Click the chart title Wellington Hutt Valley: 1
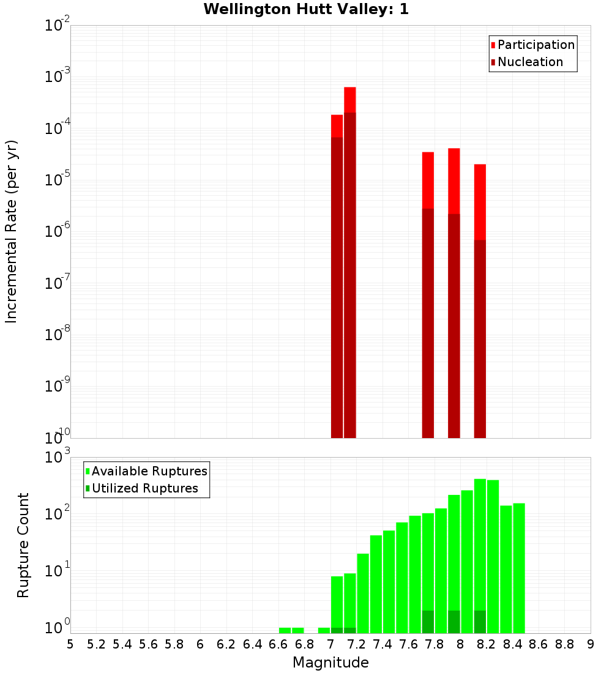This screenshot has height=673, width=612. [305, 9]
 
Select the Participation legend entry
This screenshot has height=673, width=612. [536, 45]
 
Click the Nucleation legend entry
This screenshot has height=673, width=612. [530, 62]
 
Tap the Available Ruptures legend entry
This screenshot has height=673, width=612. [149, 471]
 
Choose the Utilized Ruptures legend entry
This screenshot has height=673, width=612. [144, 488]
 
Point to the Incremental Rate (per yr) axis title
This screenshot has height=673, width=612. [12, 231]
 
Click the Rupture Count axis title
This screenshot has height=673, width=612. [23, 545]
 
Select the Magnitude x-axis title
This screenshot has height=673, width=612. [330, 663]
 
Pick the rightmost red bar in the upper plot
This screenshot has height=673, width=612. [480, 300]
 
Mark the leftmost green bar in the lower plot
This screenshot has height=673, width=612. [285, 630]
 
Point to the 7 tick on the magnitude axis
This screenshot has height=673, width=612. [330, 644]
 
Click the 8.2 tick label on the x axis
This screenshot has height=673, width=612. [487, 644]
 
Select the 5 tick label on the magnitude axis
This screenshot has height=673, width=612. [70, 644]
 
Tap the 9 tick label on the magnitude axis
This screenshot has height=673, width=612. [591, 644]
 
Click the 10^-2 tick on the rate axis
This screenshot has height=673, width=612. [57, 26]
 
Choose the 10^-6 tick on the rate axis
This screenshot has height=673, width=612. [57, 232]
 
